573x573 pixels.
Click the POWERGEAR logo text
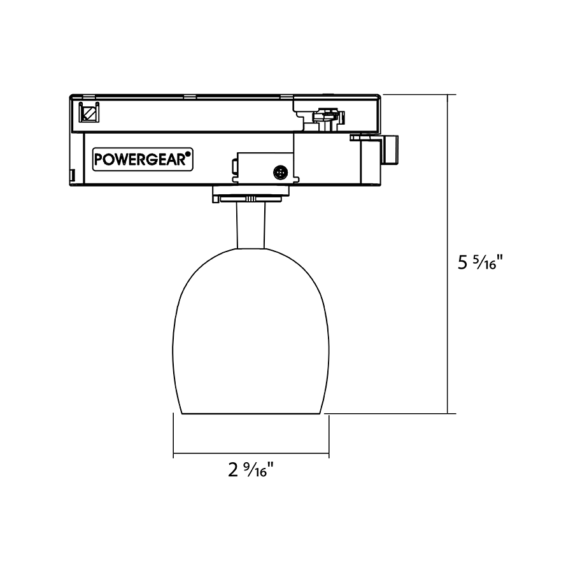pos(140,159)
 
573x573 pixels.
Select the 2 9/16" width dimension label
pos(251,470)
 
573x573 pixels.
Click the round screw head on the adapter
pos(280,173)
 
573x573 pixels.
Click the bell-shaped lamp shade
pos(251,330)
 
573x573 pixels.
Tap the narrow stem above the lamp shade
pos(251,225)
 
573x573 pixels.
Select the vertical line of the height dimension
pos(448,254)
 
